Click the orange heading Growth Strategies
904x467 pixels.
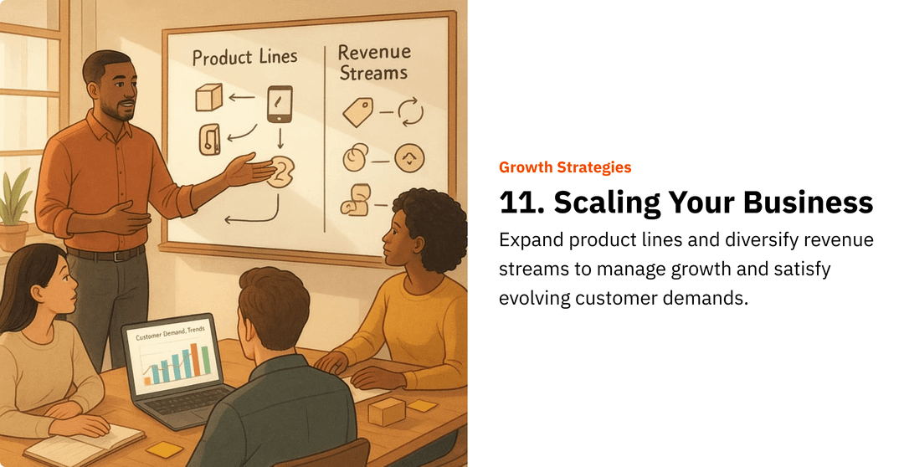coord(565,167)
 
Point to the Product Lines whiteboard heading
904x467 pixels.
coord(244,57)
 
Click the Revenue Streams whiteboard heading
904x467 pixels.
coord(373,62)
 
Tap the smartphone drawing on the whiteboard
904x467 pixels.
coord(280,104)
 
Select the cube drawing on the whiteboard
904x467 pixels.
coord(208,97)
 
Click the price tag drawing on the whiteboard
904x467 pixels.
coord(357,112)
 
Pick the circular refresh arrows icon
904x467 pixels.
coord(410,111)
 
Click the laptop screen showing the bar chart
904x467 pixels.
coord(174,356)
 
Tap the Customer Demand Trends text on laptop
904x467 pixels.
coord(170,333)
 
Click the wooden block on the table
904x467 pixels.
coord(386,412)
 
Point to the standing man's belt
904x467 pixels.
coord(105,254)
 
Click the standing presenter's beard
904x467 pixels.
coord(125,112)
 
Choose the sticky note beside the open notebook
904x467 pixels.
coord(164,449)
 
